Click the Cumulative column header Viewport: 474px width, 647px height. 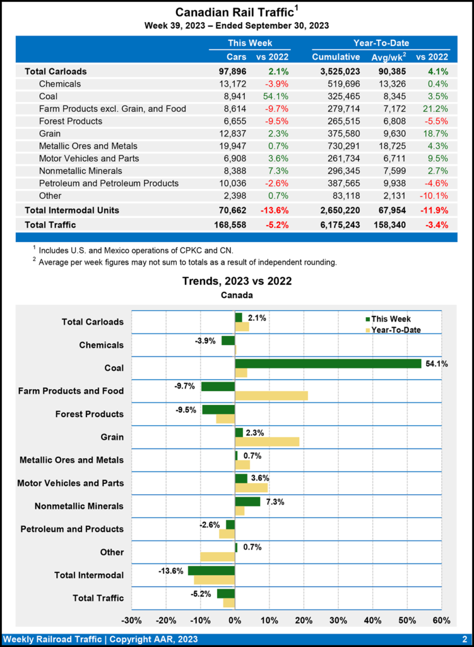tap(336, 57)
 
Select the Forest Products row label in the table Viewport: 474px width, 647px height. tap(70, 121)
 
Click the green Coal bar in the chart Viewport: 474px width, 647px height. tap(328, 363)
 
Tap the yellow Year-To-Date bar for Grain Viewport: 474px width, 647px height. tap(267, 441)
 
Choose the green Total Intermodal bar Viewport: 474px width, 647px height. tap(211, 571)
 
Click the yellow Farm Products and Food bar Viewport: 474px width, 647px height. tap(271, 396)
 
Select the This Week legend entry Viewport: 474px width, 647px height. tap(386, 319)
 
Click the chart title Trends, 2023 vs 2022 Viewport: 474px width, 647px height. tap(237, 281)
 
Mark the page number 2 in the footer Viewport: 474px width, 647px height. tap(464, 639)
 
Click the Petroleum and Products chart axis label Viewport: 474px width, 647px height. tap(72, 529)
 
